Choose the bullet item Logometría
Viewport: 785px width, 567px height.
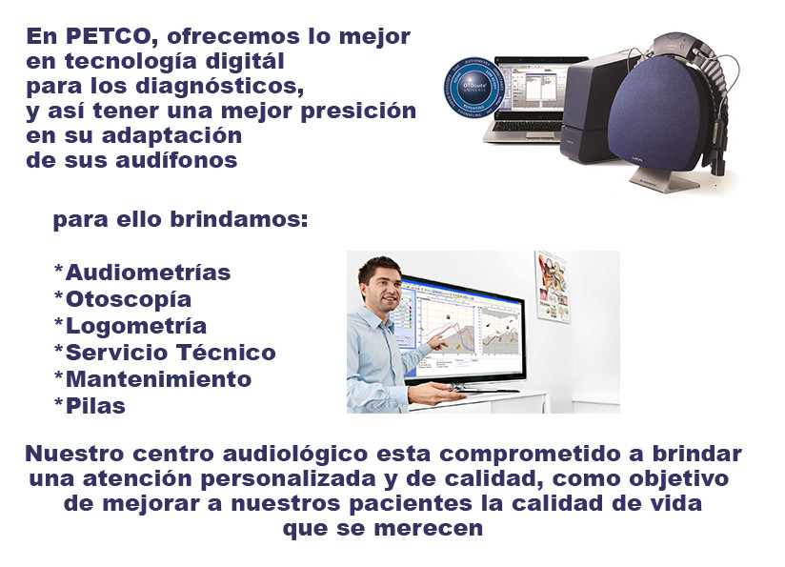point(130,326)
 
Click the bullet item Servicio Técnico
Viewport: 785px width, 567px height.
point(165,353)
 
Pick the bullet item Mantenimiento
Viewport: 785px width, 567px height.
point(152,379)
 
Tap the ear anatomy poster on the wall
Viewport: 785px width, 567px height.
point(553,287)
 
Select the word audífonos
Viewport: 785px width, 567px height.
point(185,160)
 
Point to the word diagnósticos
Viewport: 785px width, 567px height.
point(229,87)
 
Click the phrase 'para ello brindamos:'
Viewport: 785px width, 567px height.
point(180,219)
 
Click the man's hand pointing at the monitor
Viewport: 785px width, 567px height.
point(439,338)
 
